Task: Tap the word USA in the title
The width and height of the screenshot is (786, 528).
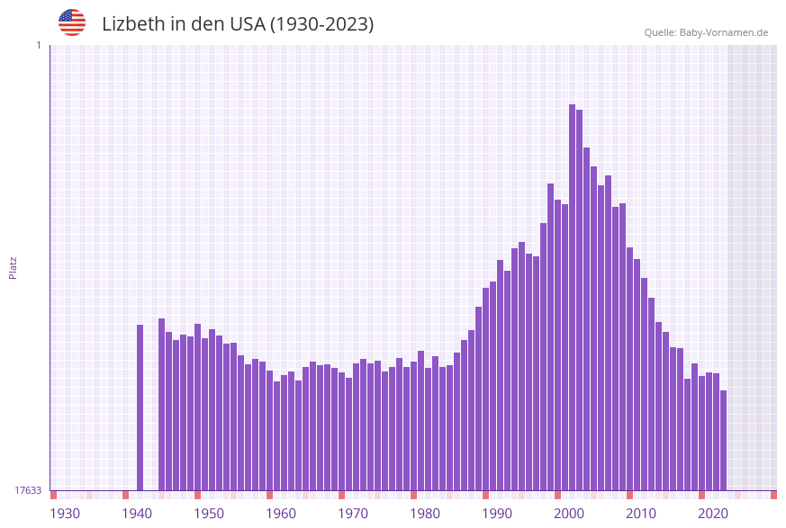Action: coord(247,24)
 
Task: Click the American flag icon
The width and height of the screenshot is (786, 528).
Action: coord(72,22)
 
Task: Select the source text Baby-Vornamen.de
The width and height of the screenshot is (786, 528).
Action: coord(723,32)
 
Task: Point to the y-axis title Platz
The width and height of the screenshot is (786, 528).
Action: coord(13,267)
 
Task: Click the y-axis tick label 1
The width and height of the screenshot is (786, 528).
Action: coord(38,45)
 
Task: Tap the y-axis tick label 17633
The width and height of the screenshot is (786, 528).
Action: coord(28,490)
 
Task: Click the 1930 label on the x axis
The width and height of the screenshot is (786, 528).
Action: coord(65,514)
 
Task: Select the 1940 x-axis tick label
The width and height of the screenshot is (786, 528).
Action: coord(137,514)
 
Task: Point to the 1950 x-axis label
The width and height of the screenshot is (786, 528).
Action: coord(209,514)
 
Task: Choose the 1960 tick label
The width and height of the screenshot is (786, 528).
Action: coord(281,514)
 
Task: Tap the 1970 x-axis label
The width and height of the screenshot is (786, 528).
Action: coord(353,514)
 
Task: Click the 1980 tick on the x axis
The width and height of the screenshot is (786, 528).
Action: coord(425,514)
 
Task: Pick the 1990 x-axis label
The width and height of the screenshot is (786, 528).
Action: coord(497,514)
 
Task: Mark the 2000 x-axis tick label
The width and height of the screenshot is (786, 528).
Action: coord(569,514)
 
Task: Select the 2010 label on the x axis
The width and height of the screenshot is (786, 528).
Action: coord(641,514)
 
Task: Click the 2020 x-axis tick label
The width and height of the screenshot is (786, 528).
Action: coord(713,514)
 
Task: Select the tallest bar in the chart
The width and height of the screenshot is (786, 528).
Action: coord(572,297)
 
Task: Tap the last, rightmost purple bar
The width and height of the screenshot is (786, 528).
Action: coord(723,440)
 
